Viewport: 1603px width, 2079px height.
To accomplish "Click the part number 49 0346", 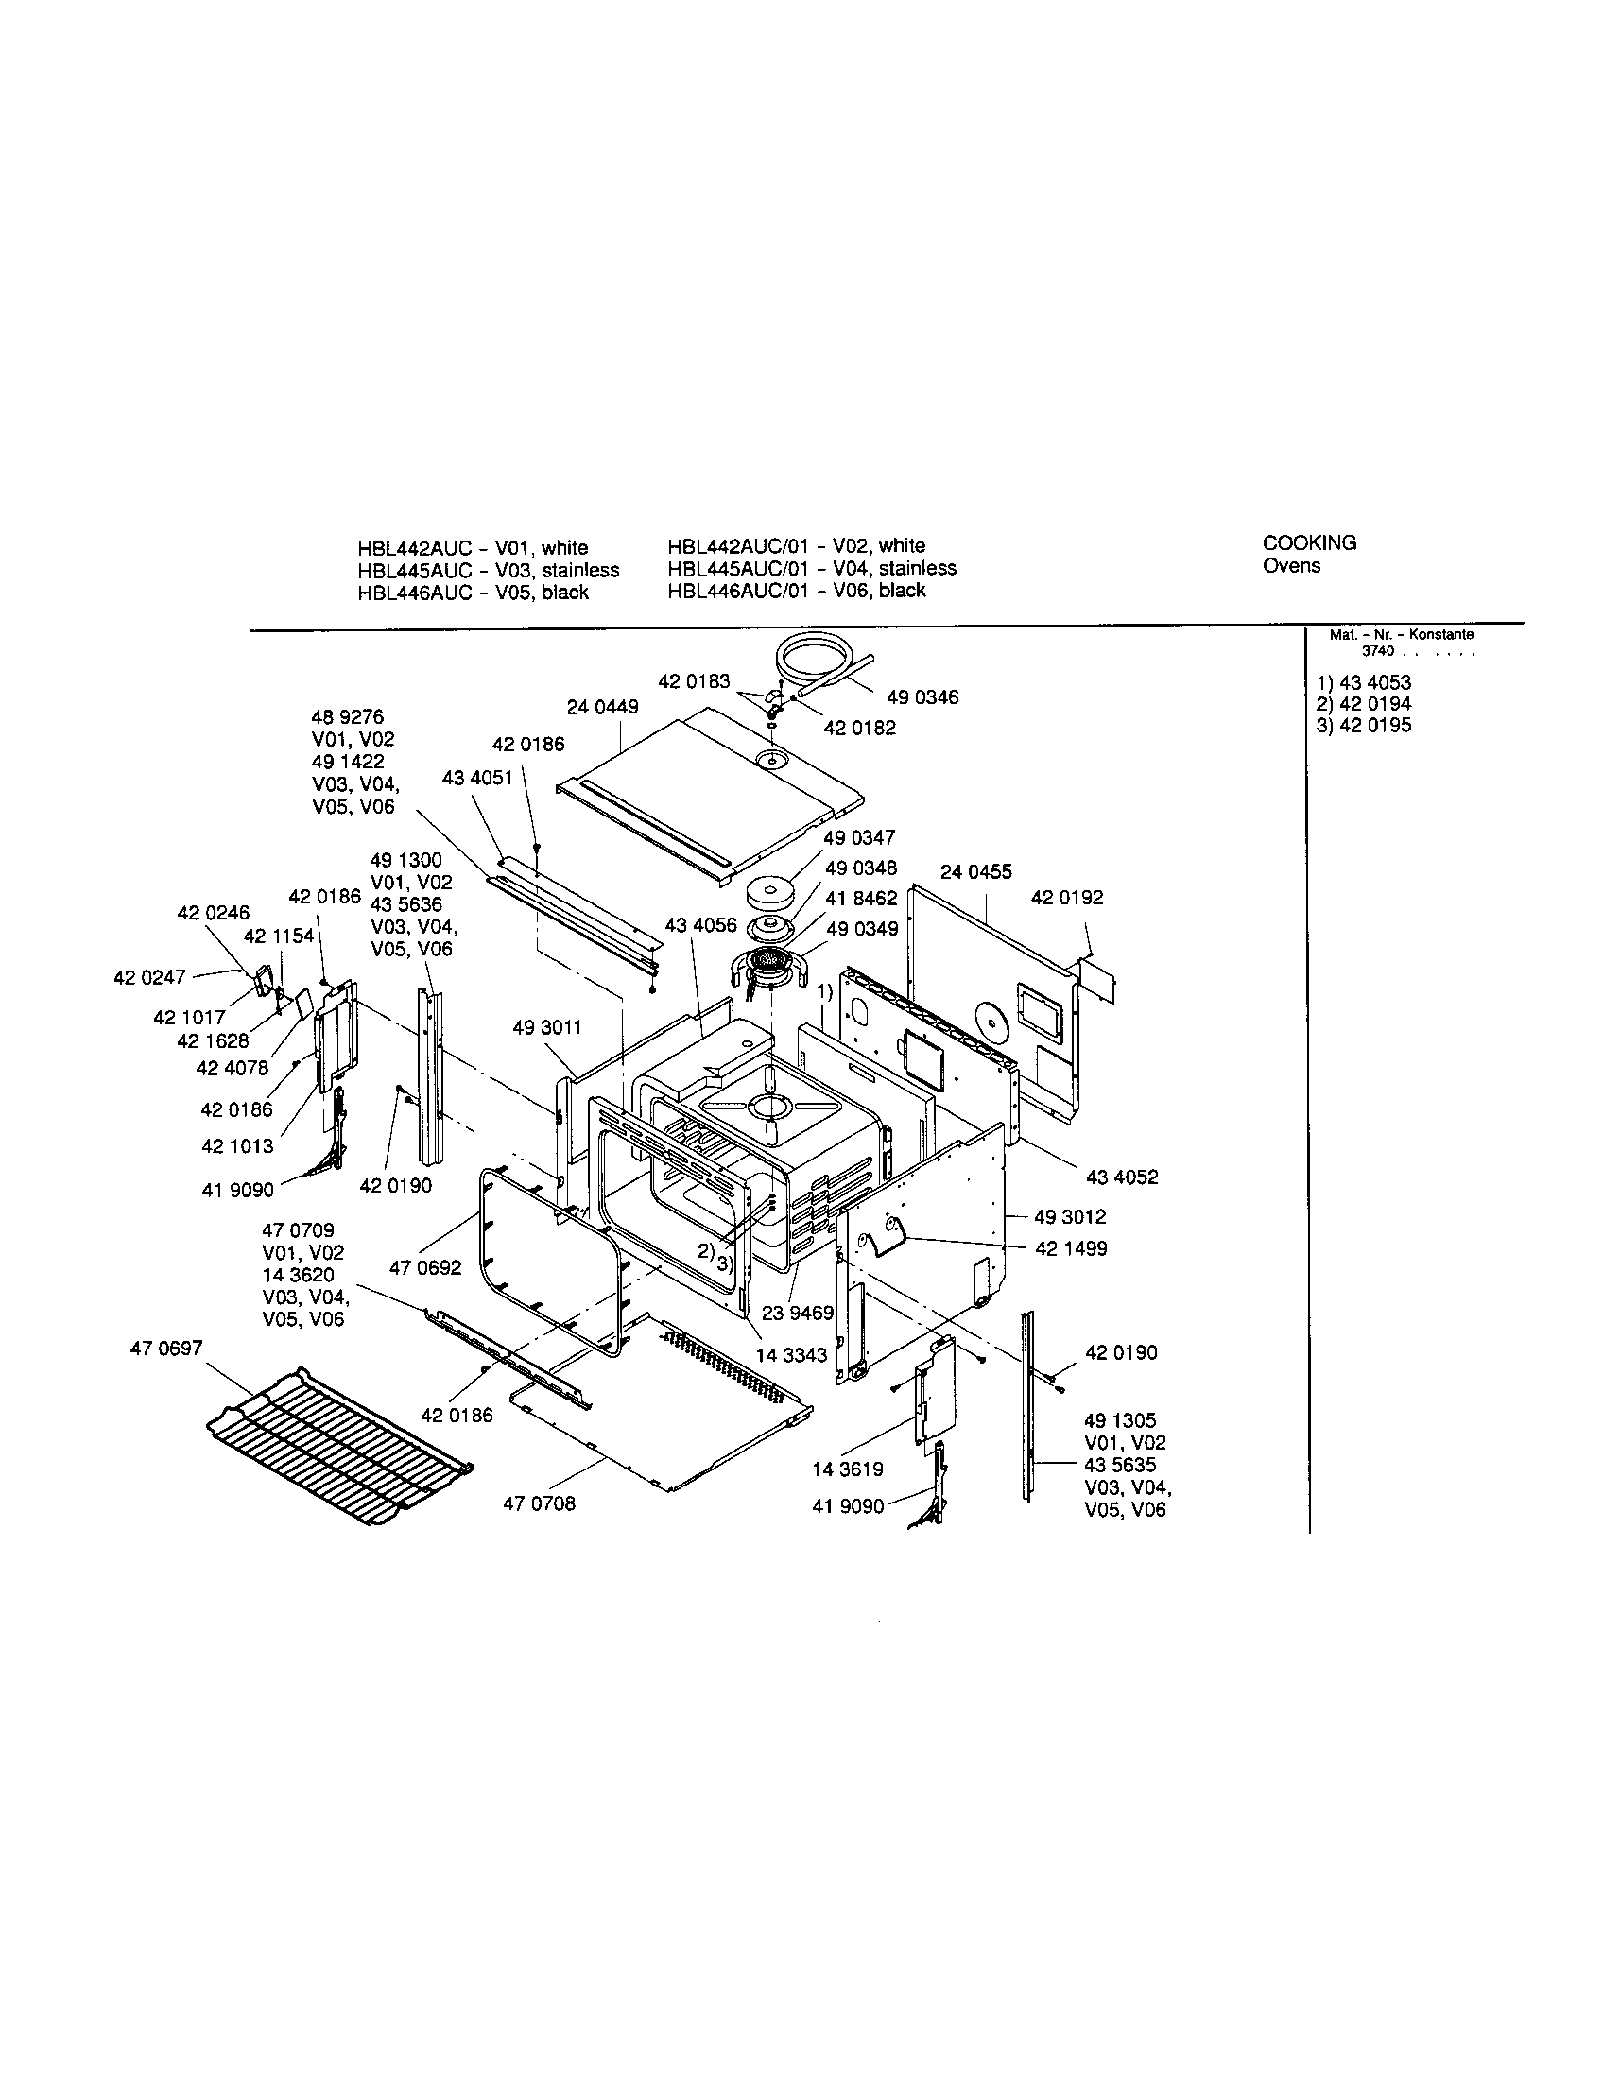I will click(922, 697).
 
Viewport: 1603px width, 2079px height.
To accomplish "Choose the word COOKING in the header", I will click(1309, 543).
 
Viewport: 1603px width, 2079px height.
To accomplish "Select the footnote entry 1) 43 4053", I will click(1363, 682).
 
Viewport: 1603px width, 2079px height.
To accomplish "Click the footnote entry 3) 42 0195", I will click(1363, 726).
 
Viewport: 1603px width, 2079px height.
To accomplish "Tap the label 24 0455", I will click(975, 872).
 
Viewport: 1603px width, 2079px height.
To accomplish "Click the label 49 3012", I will click(1071, 1216).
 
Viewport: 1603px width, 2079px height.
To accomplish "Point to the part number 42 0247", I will click(148, 977).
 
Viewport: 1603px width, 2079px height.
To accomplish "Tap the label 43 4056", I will click(700, 926).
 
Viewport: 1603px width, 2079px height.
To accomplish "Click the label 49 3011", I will click(546, 1027).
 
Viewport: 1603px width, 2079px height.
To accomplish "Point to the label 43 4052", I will click(1121, 1177).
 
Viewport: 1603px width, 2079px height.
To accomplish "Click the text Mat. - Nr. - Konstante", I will click(1400, 635).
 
